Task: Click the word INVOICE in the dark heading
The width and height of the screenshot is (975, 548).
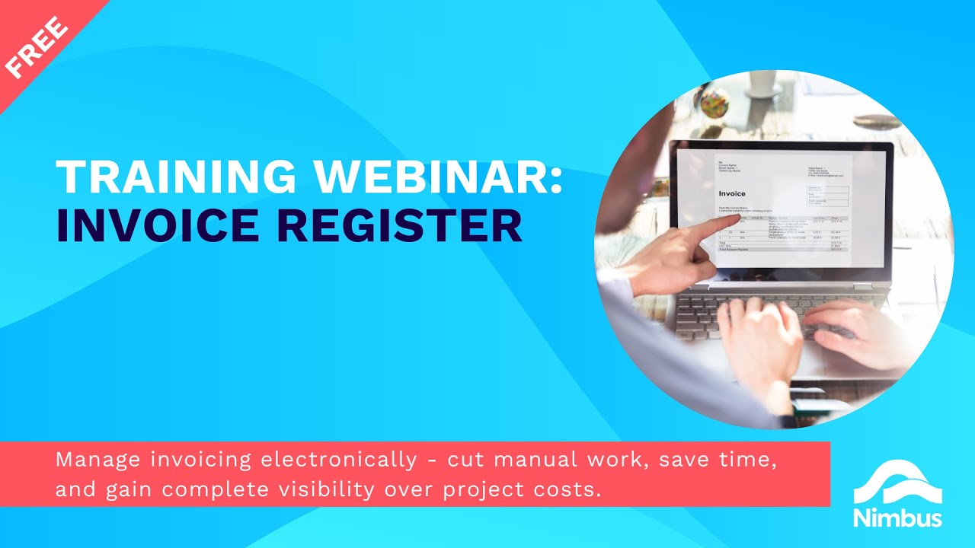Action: point(165,226)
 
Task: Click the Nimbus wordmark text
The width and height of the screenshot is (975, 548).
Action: point(897,518)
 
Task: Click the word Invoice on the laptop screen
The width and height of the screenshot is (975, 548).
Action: point(732,194)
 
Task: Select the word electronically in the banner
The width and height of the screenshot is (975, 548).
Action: point(338,460)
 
